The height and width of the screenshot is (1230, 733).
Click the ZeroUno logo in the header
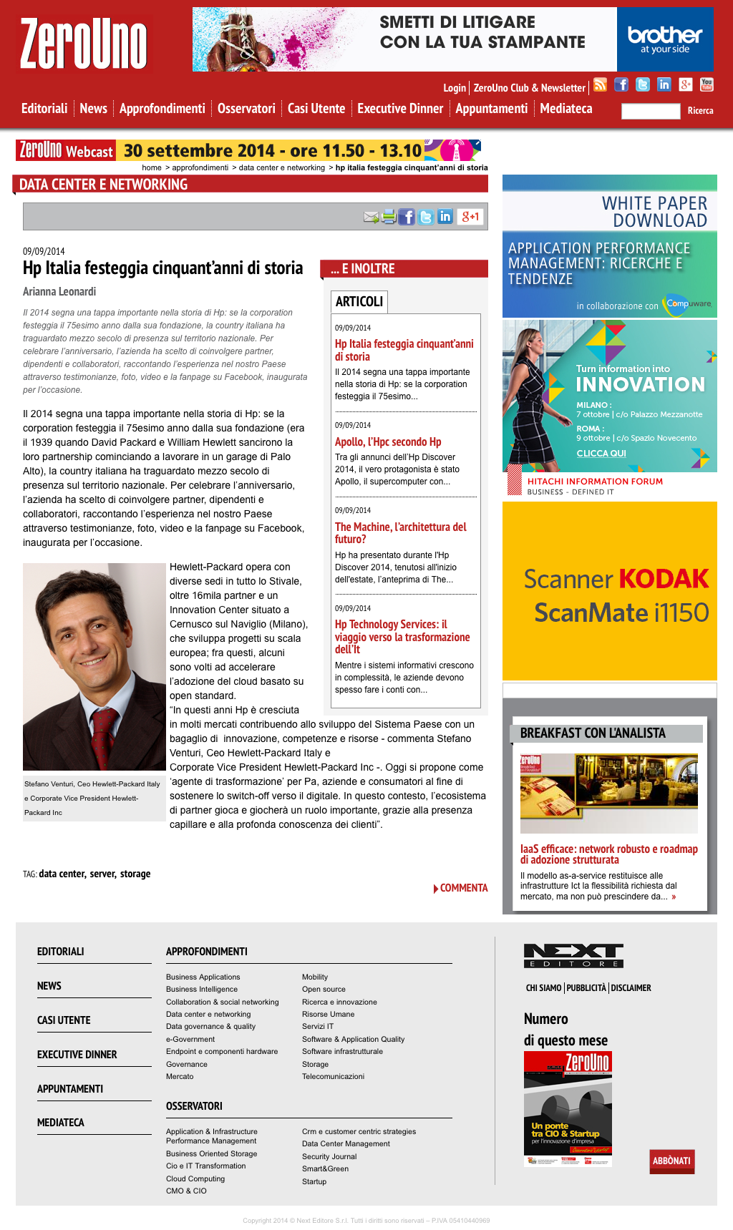tap(84, 44)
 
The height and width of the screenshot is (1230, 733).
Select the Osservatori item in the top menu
tap(246, 109)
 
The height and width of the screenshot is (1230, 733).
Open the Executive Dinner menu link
tap(400, 109)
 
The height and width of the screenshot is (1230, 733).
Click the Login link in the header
tap(455, 88)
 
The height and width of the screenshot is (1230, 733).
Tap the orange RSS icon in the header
tap(601, 85)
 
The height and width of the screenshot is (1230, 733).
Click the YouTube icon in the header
tap(707, 85)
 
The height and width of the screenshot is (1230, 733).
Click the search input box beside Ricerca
tap(650, 111)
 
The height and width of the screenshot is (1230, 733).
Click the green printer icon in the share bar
tap(389, 217)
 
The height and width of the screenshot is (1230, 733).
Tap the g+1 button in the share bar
tap(470, 217)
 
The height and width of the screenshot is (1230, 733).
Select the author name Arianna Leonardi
tap(59, 292)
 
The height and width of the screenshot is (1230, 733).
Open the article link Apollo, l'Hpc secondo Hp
tap(388, 442)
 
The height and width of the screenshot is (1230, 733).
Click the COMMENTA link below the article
tap(463, 888)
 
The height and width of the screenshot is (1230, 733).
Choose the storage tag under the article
tap(135, 874)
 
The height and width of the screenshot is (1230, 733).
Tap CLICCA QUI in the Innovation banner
tap(601, 454)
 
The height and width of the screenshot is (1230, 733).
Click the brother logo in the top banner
tap(665, 39)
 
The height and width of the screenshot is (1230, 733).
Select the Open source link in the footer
tap(324, 990)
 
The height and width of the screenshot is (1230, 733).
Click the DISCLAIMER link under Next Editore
tap(631, 988)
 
